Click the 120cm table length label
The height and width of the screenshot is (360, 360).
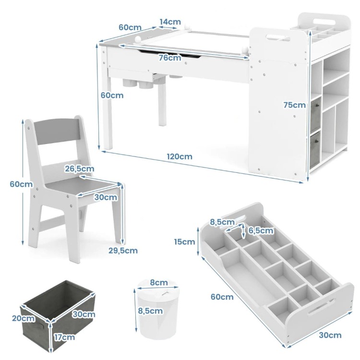[180, 156]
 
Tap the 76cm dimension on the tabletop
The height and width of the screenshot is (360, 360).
[170, 58]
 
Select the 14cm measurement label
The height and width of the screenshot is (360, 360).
[170, 22]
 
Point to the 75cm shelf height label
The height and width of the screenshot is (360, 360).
[295, 105]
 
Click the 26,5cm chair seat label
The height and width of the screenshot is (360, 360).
[79, 169]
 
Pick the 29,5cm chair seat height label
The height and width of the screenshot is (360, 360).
[123, 251]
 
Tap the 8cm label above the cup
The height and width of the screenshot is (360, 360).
[159, 282]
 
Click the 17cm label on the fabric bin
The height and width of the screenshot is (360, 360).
[64, 337]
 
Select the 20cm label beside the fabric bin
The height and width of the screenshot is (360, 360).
[24, 318]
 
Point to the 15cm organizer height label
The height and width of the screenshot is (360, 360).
[184, 242]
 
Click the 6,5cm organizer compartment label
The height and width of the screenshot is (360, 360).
[261, 230]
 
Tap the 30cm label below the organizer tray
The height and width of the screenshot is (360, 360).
[330, 335]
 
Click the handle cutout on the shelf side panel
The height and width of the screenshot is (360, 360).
[278, 37]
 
